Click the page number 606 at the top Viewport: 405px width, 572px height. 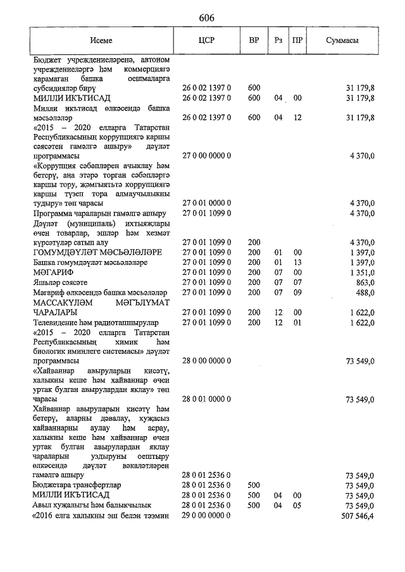pos(206,18)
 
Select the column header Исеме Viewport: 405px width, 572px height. pos(101,40)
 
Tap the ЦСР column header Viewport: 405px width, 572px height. pos(206,40)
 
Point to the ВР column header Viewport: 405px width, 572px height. pos(254,40)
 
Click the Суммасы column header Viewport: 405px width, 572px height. pos(342,40)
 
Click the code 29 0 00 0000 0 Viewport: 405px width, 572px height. pos(206,516)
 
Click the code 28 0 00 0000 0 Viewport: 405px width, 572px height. pos(206,361)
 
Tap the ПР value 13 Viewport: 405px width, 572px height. pos(297,262)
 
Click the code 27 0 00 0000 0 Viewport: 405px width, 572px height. pos(206,155)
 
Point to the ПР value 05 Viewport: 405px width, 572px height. pos(297,506)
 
